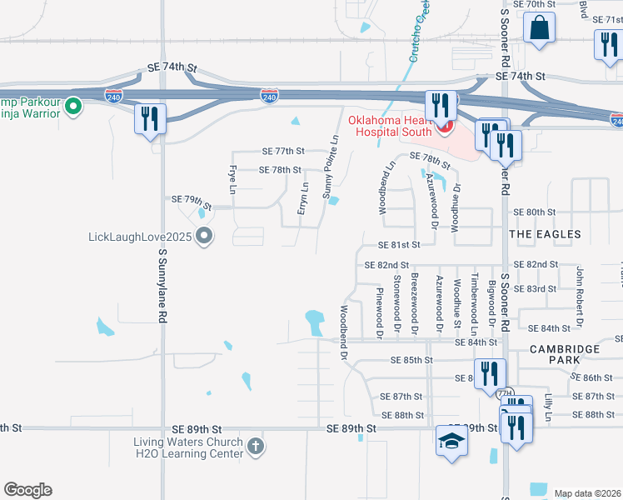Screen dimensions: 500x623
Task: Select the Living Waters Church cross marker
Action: coord(256,447)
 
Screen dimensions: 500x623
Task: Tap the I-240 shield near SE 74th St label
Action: coord(114,97)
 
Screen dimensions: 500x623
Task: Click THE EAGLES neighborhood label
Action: coord(545,235)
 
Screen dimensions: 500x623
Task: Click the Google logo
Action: coord(27,490)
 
